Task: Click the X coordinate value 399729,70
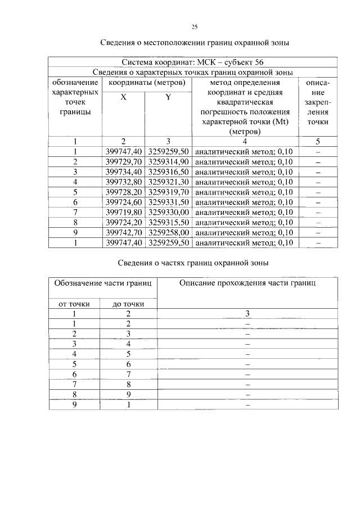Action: point(123,161)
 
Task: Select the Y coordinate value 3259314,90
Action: point(168,161)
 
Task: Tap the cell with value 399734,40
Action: point(123,172)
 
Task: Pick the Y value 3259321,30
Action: point(168,182)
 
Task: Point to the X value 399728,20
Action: point(123,192)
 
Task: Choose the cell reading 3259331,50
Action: point(168,202)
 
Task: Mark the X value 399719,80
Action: point(123,212)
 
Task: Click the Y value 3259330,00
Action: point(168,212)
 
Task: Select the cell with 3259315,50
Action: point(168,222)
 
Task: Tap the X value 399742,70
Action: point(123,232)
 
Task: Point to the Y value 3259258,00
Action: point(168,232)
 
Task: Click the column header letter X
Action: point(123,97)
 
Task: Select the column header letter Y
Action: point(168,97)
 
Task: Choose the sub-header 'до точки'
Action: point(128,304)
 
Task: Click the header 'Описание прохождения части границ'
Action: point(247,283)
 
